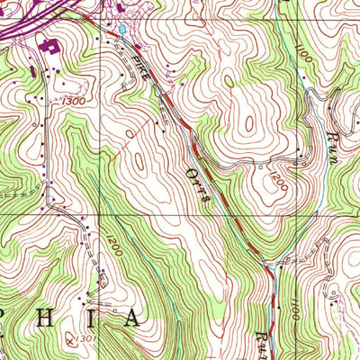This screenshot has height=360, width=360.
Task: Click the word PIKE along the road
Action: tap(140, 69)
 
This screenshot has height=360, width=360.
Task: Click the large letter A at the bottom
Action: tap(131, 318)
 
